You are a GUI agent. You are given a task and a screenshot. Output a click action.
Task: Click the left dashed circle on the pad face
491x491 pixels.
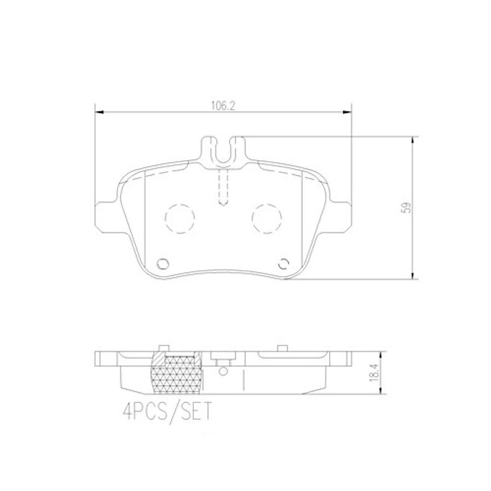pos(179,219)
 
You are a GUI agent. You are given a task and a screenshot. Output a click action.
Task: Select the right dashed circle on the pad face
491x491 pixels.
pos(267,219)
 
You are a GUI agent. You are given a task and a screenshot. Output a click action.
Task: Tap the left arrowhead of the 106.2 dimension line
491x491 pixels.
pos(99,112)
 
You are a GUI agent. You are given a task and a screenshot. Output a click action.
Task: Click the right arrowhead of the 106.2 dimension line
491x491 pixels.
pos(347,112)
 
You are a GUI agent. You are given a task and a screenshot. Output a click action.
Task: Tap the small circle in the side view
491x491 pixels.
pos(222,370)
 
